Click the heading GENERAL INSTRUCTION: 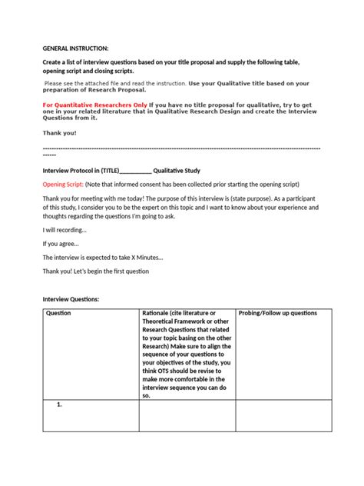pos(75,48)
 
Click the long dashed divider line pos(181,148)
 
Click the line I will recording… pos(65,229)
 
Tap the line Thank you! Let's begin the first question pos(95,271)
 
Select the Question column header pos(59,314)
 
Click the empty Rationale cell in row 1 pos(187,415)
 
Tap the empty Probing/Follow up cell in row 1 pos(283,415)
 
